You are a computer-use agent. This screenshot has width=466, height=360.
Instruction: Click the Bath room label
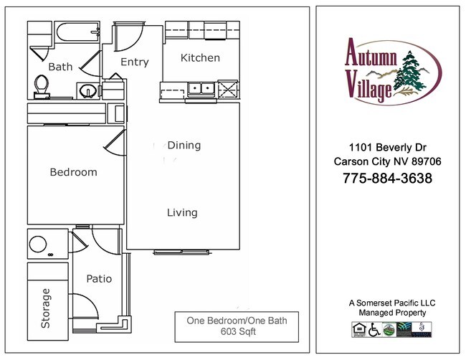(60, 67)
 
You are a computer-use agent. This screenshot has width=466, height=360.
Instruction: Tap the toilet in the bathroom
(41, 85)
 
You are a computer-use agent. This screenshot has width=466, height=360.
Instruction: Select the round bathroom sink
(87, 91)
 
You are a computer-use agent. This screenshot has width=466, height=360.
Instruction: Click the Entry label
(134, 62)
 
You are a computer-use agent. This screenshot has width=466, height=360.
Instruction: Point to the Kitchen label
(200, 58)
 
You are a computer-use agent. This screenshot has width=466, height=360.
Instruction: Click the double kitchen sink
(201, 89)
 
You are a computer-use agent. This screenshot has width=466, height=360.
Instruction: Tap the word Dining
(184, 146)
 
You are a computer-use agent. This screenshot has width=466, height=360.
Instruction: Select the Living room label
(182, 213)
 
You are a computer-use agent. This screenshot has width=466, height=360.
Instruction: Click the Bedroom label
(73, 173)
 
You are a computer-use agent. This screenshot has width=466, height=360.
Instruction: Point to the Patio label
(99, 279)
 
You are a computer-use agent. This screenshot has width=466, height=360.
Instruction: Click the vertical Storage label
(47, 308)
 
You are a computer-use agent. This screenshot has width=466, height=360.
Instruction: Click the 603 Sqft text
(237, 332)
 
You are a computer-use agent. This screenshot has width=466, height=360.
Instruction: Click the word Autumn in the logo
(371, 52)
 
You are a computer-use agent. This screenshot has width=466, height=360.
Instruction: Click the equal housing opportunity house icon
(358, 329)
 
